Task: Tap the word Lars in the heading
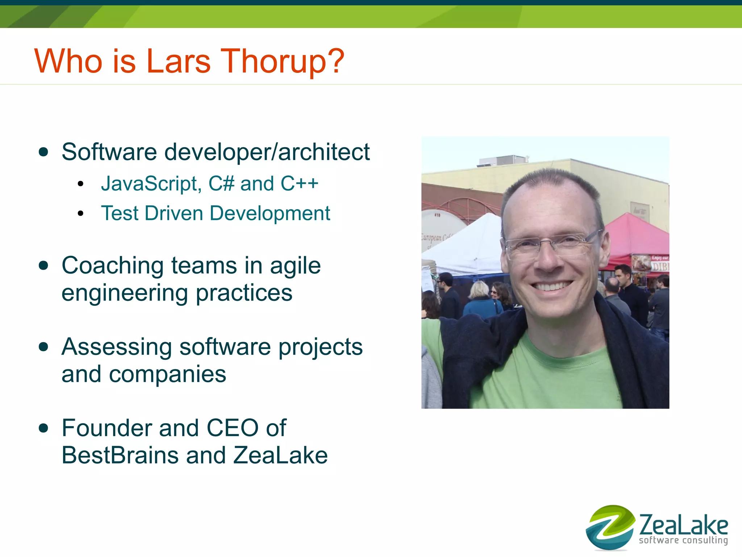click(x=178, y=61)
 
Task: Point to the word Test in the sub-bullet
click(x=120, y=213)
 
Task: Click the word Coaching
click(x=113, y=266)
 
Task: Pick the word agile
click(x=295, y=266)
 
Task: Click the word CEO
click(x=232, y=428)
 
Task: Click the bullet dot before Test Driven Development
click(x=80, y=214)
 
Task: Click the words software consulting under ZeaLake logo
click(x=683, y=540)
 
